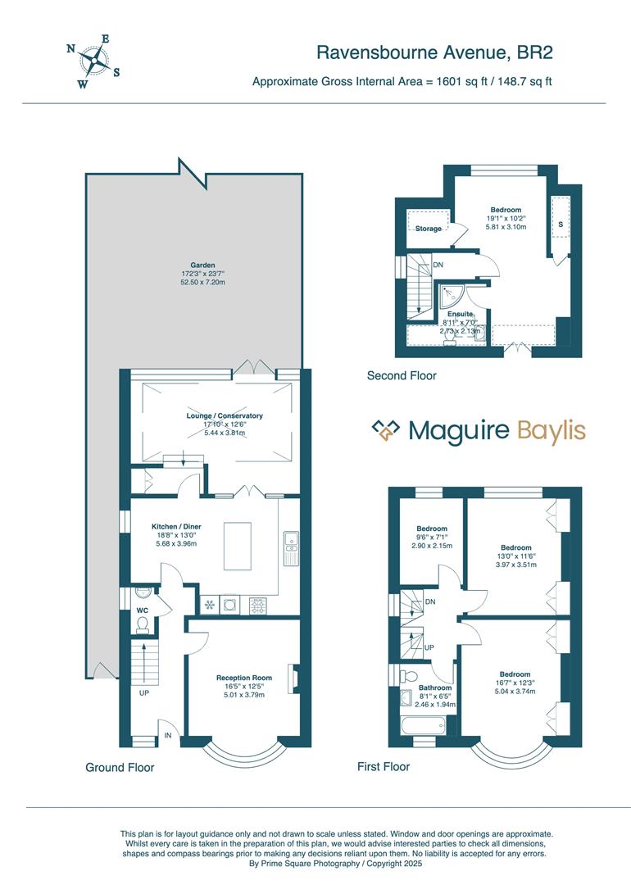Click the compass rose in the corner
93,60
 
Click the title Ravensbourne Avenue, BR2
434,53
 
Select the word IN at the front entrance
167,735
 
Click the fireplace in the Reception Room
292,678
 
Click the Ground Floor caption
120,768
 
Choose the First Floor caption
384,767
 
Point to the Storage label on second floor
428,229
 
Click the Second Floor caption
402,376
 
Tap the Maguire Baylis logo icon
385,430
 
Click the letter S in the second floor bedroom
561,224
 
